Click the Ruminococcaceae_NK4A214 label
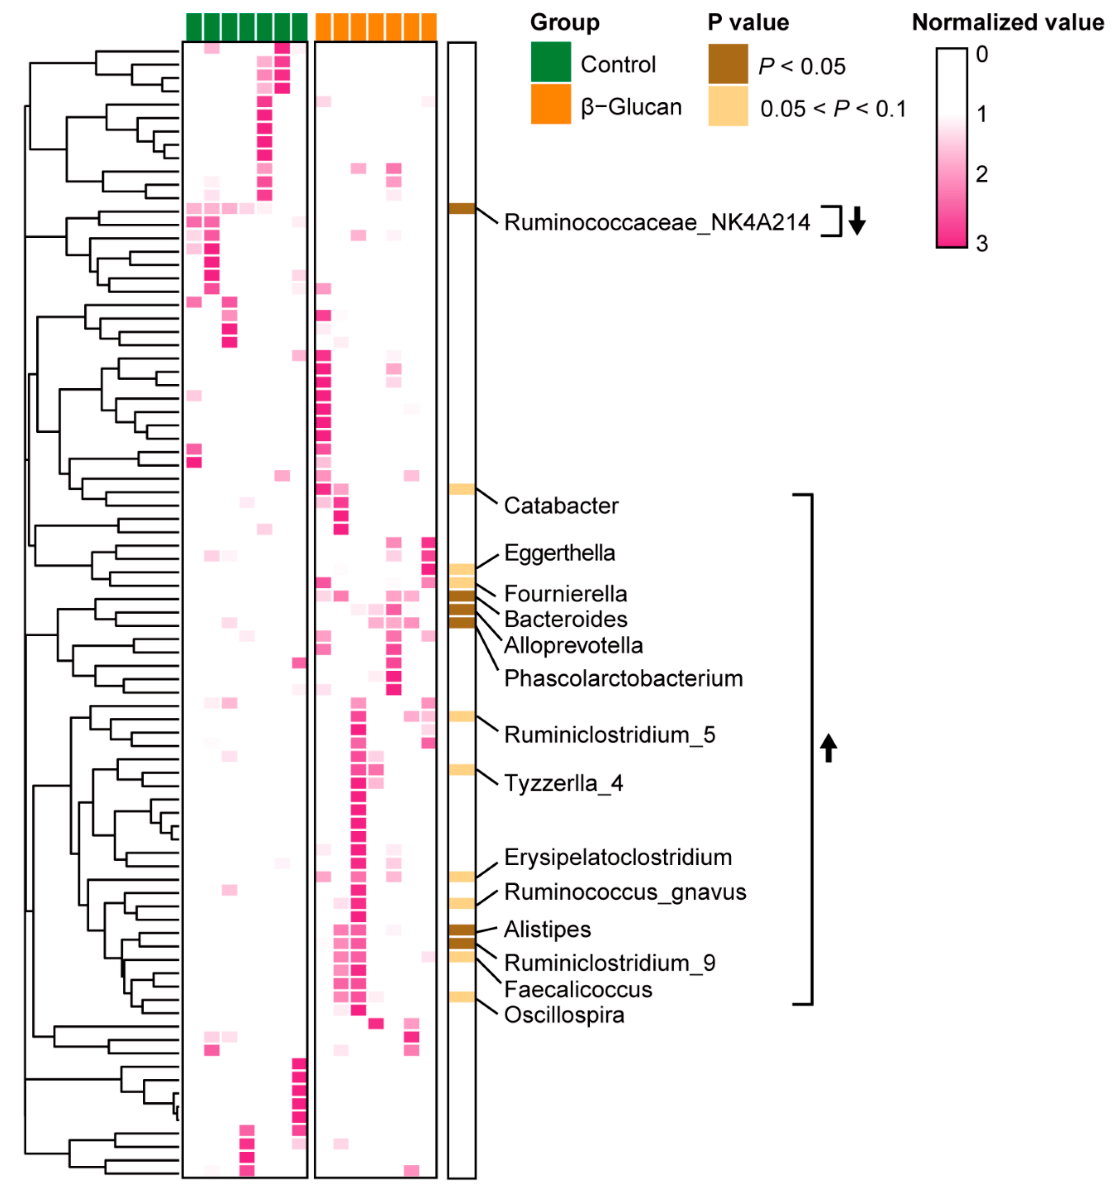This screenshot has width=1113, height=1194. tap(657, 222)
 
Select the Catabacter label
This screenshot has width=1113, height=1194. tap(561, 506)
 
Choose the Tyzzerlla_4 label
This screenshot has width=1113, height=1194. tap(563, 783)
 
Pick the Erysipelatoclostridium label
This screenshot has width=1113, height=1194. tap(617, 858)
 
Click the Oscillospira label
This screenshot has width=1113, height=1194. tap(563, 1015)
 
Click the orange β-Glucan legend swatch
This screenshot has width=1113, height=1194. tap(550, 105)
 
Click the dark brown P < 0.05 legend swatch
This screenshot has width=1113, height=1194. tap(727, 64)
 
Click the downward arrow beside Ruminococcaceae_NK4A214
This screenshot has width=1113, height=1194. tap(857, 221)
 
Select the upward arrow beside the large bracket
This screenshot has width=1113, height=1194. tap(828, 748)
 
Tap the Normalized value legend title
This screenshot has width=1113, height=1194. tap(1007, 23)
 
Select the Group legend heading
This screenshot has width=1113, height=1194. tap(564, 23)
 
